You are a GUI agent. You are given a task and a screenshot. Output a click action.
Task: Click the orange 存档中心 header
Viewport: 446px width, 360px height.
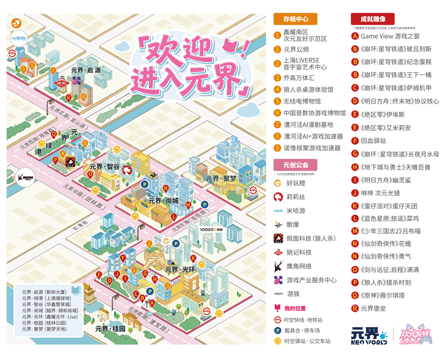point(295,19)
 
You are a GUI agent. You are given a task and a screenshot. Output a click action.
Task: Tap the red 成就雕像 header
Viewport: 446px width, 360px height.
point(372,19)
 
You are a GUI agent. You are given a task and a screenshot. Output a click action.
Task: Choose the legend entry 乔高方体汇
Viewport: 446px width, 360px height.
point(299,78)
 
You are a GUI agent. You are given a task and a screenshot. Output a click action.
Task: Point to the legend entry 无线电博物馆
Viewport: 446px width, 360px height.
point(302,101)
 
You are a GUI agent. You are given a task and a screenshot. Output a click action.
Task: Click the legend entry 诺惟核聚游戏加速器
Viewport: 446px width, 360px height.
point(312,148)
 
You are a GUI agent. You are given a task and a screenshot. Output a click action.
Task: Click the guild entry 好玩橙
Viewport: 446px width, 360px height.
point(296,183)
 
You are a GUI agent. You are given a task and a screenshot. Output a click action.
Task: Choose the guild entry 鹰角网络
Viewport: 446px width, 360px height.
point(299,266)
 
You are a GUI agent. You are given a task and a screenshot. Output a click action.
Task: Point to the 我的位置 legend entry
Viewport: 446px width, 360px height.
point(295,308)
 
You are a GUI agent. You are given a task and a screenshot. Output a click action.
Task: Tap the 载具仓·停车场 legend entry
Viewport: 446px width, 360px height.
point(302,330)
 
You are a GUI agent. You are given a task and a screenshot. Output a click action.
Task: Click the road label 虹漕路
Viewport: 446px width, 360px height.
point(80,227)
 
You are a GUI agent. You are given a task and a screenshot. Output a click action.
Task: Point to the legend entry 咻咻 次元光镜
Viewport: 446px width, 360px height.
point(381,193)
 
